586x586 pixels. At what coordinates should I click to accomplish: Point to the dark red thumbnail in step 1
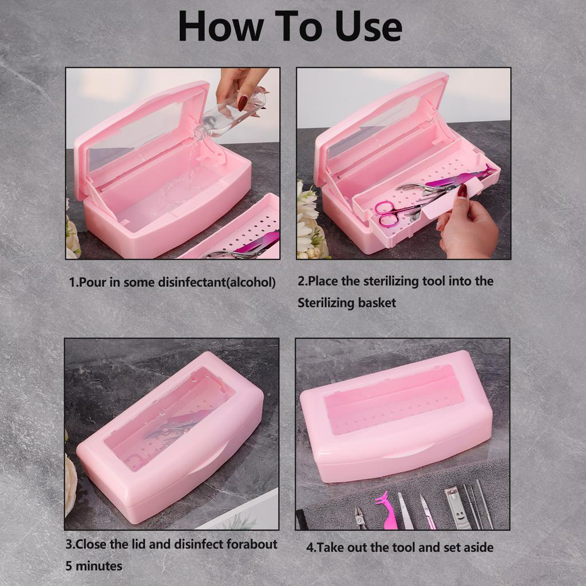[x=243, y=102]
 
